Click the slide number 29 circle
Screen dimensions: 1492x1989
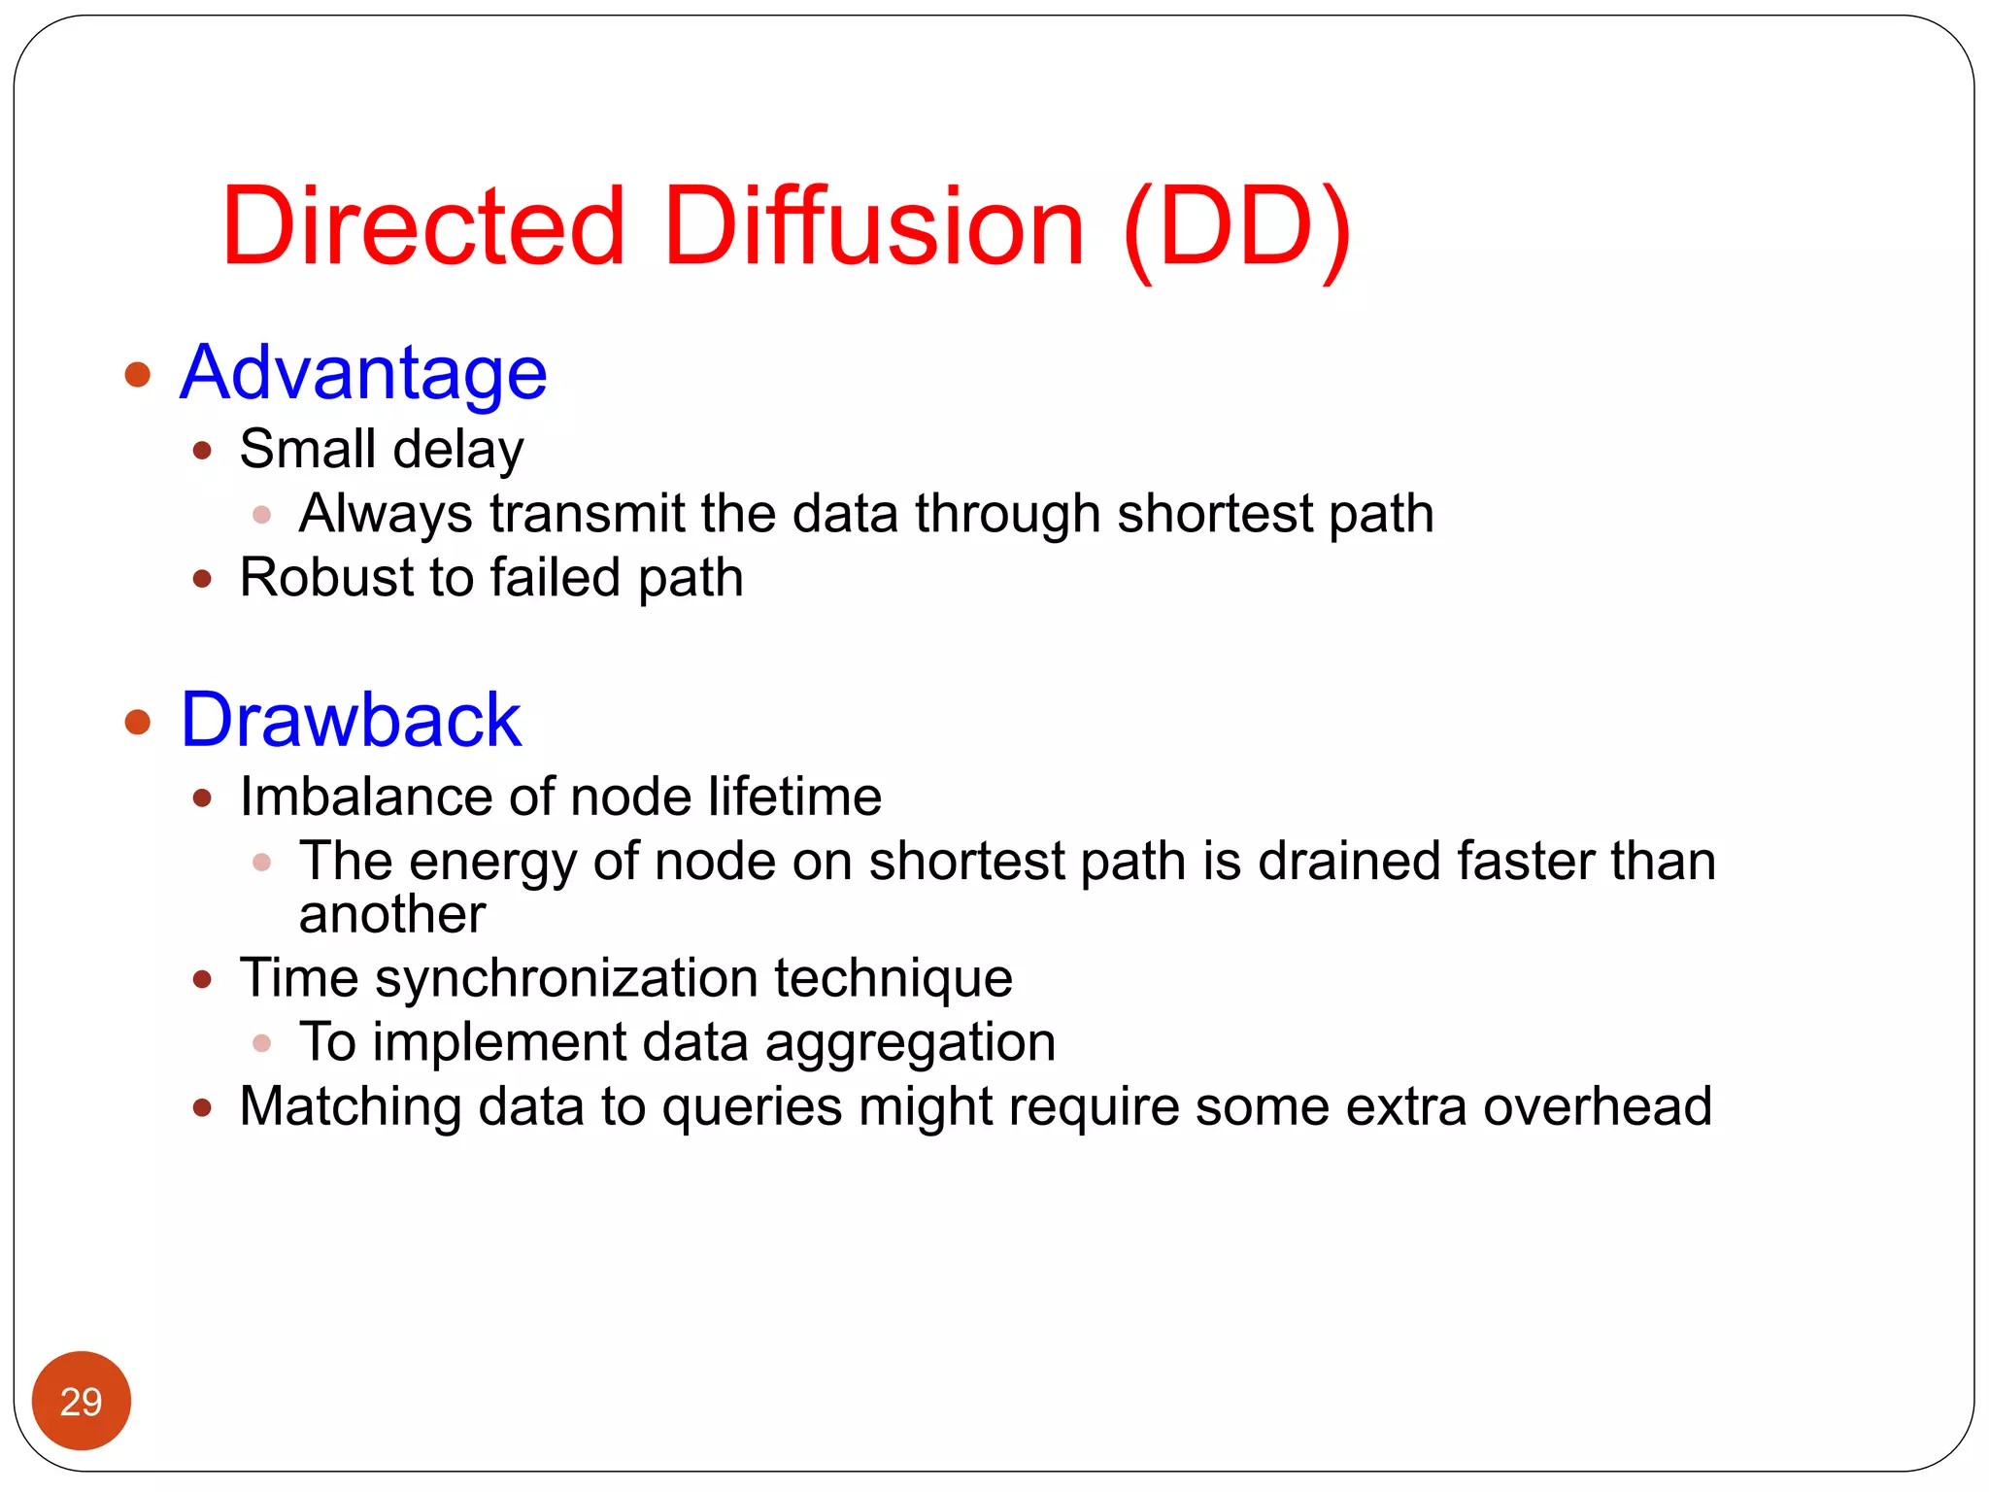pyautogui.click(x=81, y=1401)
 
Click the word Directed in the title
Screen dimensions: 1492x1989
pyautogui.click(x=423, y=226)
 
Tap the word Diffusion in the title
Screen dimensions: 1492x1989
pyautogui.click(x=873, y=226)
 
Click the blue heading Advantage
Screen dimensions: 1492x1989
pyautogui.click(x=363, y=373)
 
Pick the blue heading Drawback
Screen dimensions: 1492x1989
pyautogui.click(x=351, y=720)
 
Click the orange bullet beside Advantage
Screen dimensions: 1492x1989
pyautogui.click(x=138, y=374)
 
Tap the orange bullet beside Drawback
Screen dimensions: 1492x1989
pyautogui.click(x=138, y=722)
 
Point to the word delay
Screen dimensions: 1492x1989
pyautogui.click(x=458, y=451)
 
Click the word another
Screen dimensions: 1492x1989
pyautogui.click(x=391, y=915)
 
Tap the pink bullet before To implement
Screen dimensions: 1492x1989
pyautogui.click(x=261, y=1043)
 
